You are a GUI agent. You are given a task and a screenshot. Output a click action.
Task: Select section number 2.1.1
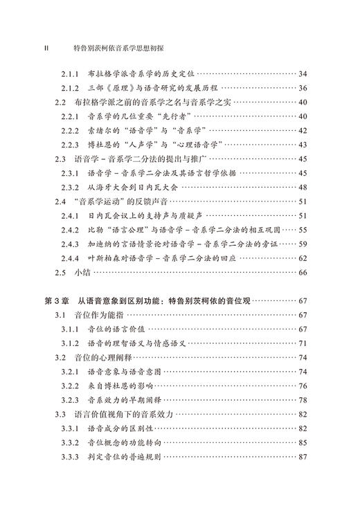click(72, 73)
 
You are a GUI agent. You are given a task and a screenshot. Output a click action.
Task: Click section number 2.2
click(60, 102)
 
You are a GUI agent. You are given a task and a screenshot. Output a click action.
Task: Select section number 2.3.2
click(72, 188)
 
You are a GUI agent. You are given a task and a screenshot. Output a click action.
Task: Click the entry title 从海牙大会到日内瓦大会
click(135, 188)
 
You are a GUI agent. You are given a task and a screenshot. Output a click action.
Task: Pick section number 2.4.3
click(72, 244)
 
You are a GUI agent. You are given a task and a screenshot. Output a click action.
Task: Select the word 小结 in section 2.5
click(82, 273)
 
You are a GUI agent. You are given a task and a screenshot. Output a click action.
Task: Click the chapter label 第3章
click(57, 302)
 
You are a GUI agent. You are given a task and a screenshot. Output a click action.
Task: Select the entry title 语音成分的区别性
click(125, 429)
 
